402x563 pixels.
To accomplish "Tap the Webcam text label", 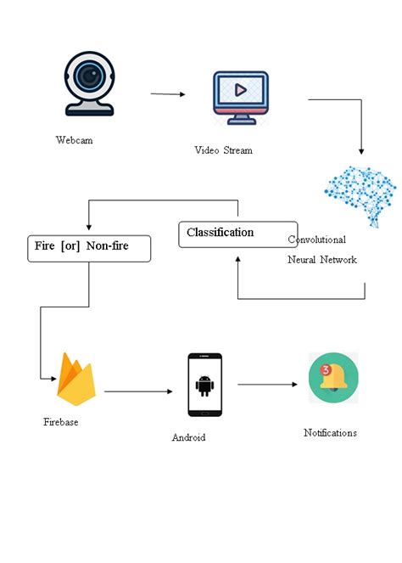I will tap(75, 140).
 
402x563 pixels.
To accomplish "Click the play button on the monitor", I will tap(240, 89).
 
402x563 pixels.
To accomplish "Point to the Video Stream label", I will tap(223, 150).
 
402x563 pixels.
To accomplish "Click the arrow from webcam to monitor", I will tap(168, 94).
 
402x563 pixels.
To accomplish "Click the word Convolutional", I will tap(317, 239).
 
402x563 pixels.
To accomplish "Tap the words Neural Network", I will tap(321, 259).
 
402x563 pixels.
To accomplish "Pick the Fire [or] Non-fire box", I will tap(89, 247).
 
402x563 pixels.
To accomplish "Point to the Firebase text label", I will tap(61, 421).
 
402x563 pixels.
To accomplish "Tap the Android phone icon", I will tap(204, 385).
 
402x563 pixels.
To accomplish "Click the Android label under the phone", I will tap(188, 437).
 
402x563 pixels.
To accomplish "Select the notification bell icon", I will tap(333, 379).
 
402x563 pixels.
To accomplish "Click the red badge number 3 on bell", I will tap(325, 369).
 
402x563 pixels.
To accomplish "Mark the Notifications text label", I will tap(330, 432).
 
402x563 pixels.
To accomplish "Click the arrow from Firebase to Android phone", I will tap(137, 391).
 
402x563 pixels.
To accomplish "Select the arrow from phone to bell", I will tap(267, 385).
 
